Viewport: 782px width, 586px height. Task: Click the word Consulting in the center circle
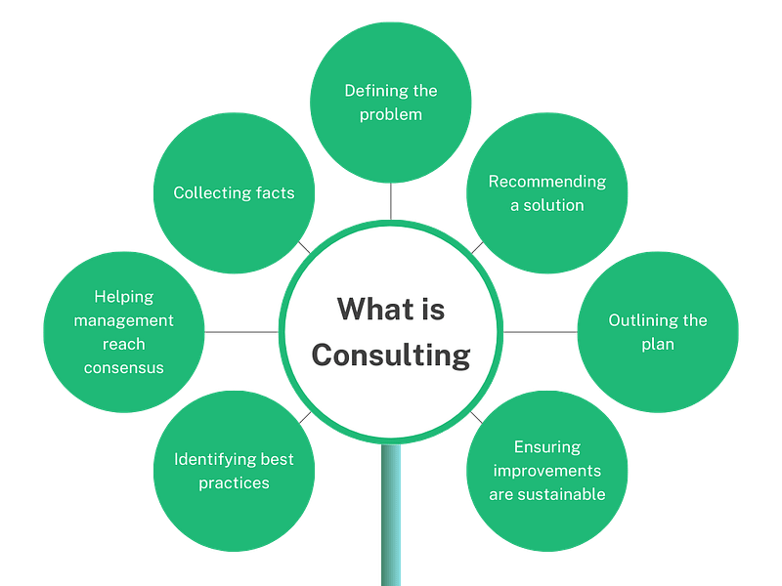coord(391,354)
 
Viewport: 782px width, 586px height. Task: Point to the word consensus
coord(123,367)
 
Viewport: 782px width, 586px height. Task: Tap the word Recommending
coord(547,182)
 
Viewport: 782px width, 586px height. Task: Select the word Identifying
coord(214,459)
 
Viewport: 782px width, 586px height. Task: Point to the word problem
coord(391,114)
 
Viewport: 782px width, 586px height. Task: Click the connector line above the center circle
coord(391,201)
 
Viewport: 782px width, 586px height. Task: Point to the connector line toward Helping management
coord(241,333)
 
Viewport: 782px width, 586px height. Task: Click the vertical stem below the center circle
coord(391,518)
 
